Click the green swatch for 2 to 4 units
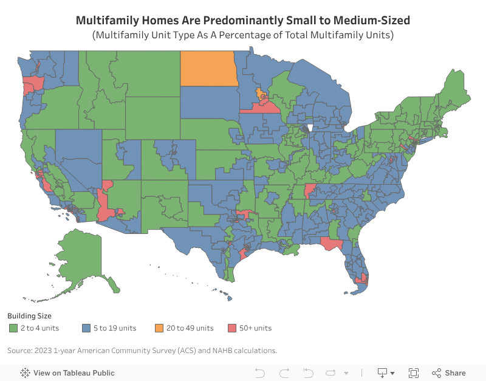pos(13,328)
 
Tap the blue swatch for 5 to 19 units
pos(86,328)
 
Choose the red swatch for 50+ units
pos(231,328)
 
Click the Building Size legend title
pos(29,316)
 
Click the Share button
pos(449,372)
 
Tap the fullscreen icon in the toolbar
pos(414,372)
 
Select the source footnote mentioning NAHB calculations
pos(142,350)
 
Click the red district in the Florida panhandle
pos(331,243)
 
